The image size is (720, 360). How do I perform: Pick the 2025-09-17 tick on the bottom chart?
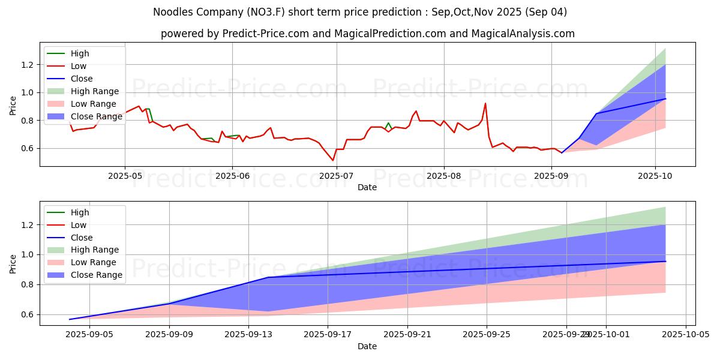click(x=328, y=335)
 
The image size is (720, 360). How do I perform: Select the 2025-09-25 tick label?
click(x=487, y=335)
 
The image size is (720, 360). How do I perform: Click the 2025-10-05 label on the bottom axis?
click(x=685, y=335)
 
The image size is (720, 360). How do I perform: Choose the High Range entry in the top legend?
click(x=95, y=91)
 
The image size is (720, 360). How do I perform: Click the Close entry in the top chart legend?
click(x=82, y=79)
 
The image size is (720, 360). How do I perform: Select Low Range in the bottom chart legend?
click(x=94, y=262)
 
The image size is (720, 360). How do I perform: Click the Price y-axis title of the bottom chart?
click(x=13, y=263)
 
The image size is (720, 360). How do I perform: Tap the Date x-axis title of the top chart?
click(x=367, y=187)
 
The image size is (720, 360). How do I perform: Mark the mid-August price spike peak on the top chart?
click(x=485, y=104)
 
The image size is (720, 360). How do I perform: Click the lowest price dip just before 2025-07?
click(x=333, y=160)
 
